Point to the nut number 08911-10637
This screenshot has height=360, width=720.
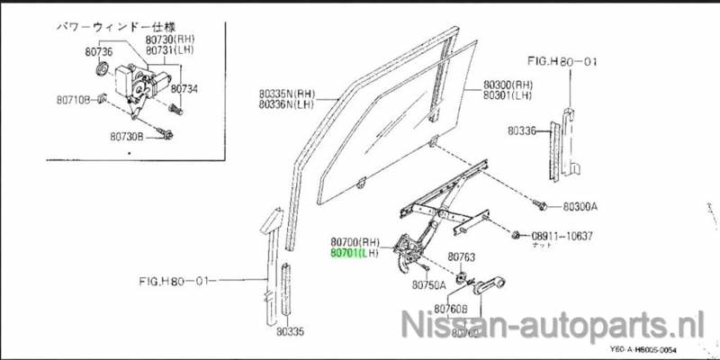(x=562, y=236)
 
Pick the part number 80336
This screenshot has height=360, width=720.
(x=520, y=131)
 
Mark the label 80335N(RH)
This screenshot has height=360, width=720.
(x=284, y=94)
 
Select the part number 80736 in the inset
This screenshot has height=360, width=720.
(x=75, y=53)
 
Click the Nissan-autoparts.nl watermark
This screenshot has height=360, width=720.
(x=558, y=321)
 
